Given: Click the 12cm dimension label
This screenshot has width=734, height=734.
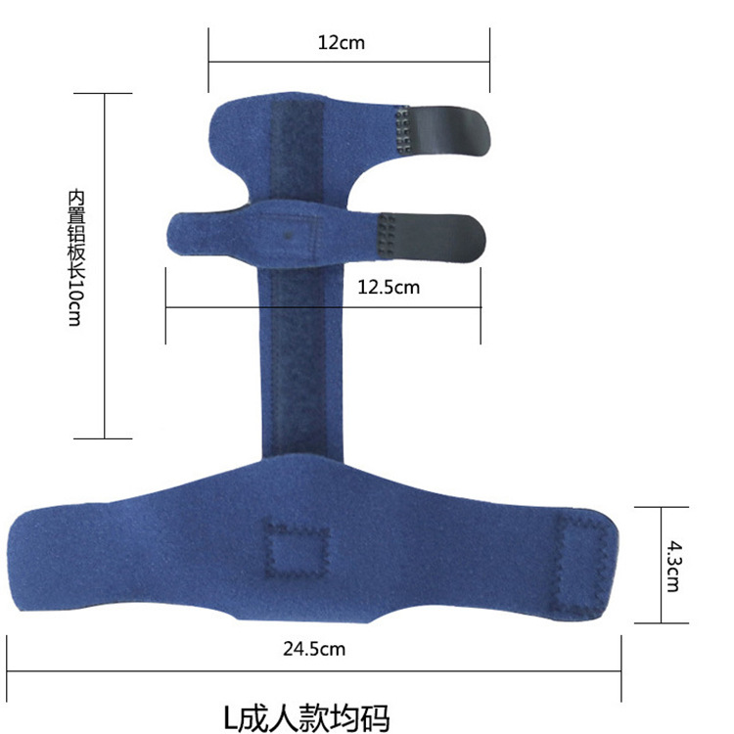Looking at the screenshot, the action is (341, 43).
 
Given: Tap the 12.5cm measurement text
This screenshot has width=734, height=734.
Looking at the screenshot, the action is (389, 287).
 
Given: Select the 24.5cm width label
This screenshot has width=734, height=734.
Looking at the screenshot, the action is (314, 649).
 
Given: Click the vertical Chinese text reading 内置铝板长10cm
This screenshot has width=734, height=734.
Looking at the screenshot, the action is (76, 257).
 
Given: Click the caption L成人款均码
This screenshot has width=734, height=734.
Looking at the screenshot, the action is (306, 717).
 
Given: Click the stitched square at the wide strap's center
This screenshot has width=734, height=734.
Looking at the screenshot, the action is (296, 548).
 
